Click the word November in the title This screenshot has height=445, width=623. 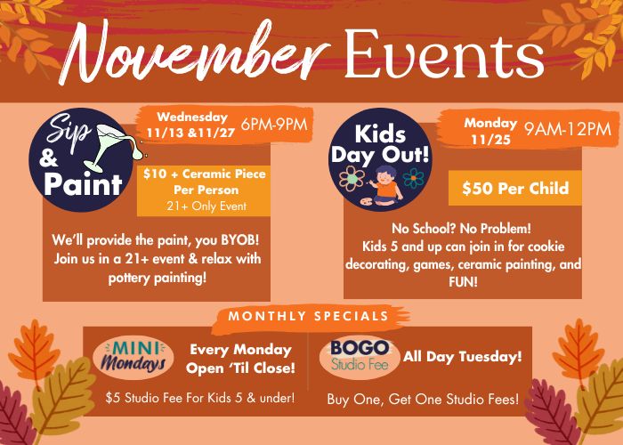pyautogui.click(x=195, y=52)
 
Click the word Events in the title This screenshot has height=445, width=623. pyautogui.click(x=444, y=53)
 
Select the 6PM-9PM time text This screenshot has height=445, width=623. pyautogui.click(x=274, y=125)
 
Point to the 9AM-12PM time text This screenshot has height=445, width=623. pyautogui.click(x=568, y=130)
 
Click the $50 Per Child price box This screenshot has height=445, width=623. pyautogui.click(x=515, y=188)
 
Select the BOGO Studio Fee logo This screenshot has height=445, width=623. pyautogui.click(x=360, y=356)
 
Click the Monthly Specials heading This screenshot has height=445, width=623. pyautogui.click(x=308, y=316)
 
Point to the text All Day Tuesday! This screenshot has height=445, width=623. pyautogui.click(x=463, y=356)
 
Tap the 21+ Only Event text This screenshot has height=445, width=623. pyautogui.click(x=206, y=206)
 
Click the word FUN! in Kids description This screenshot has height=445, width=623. pyautogui.click(x=463, y=282)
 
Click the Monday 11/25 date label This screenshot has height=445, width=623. pyautogui.click(x=490, y=131)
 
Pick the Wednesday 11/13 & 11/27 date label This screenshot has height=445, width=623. pyautogui.click(x=191, y=125)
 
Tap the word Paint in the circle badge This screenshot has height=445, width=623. pyautogui.click(x=83, y=184)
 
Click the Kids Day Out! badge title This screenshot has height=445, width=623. pyautogui.click(x=380, y=144)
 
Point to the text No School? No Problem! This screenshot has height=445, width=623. pyautogui.click(x=461, y=229)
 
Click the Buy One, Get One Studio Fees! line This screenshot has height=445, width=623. pyautogui.click(x=423, y=399)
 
